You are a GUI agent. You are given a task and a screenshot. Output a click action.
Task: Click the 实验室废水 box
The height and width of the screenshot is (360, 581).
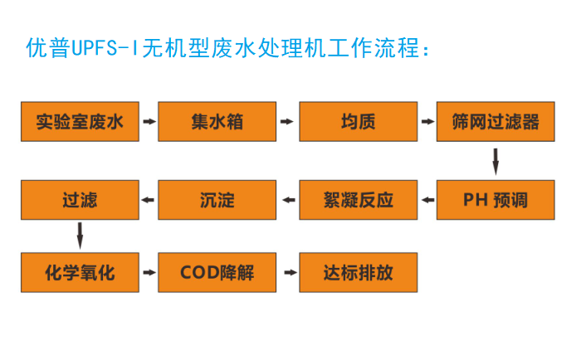tap(80, 122)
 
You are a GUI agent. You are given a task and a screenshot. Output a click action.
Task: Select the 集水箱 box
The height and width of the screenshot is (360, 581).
tap(217, 122)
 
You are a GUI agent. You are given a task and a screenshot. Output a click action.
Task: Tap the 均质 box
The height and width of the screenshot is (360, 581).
tap(357, 122)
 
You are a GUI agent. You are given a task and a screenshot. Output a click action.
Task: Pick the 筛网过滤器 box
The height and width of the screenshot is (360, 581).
tap(496, 122)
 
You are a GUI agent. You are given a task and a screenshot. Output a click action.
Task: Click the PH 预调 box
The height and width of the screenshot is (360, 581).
tap(496, 200)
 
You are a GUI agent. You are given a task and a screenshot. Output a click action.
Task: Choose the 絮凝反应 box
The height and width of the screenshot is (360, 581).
tap(357, 200)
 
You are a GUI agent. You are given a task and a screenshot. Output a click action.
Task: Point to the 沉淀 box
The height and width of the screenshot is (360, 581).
tap(217, 200)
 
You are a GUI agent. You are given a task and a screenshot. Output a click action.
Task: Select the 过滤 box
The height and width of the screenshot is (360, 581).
tap(80, 200)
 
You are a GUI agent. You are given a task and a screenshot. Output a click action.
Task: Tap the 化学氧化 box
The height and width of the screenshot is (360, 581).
tap(80, 272)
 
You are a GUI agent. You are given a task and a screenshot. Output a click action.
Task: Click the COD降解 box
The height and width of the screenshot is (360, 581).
tap(217, 272)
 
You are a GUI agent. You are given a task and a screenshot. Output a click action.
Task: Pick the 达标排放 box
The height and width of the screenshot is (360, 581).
tap(357, 272)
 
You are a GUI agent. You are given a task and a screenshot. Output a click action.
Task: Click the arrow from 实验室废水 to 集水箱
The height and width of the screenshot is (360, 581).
tap(149, 122)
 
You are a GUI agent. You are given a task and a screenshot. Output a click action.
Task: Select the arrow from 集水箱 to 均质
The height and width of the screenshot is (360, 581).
tap(287, 122)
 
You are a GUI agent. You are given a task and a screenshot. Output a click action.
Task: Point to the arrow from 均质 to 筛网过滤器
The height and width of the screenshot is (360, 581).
tap(427, 122)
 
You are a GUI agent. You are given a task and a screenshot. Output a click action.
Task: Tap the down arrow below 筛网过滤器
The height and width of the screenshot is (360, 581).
tap(496, 161)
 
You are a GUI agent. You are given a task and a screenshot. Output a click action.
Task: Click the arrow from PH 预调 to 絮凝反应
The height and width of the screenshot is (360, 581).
tap(427, 200)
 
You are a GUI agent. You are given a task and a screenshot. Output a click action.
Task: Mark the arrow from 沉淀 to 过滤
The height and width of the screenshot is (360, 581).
tap(149, 200)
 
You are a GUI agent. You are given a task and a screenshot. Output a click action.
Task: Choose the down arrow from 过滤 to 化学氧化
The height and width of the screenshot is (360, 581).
tap(80, 236)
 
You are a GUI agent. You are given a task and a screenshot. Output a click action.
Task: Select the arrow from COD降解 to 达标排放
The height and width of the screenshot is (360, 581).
tap(287, 272)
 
